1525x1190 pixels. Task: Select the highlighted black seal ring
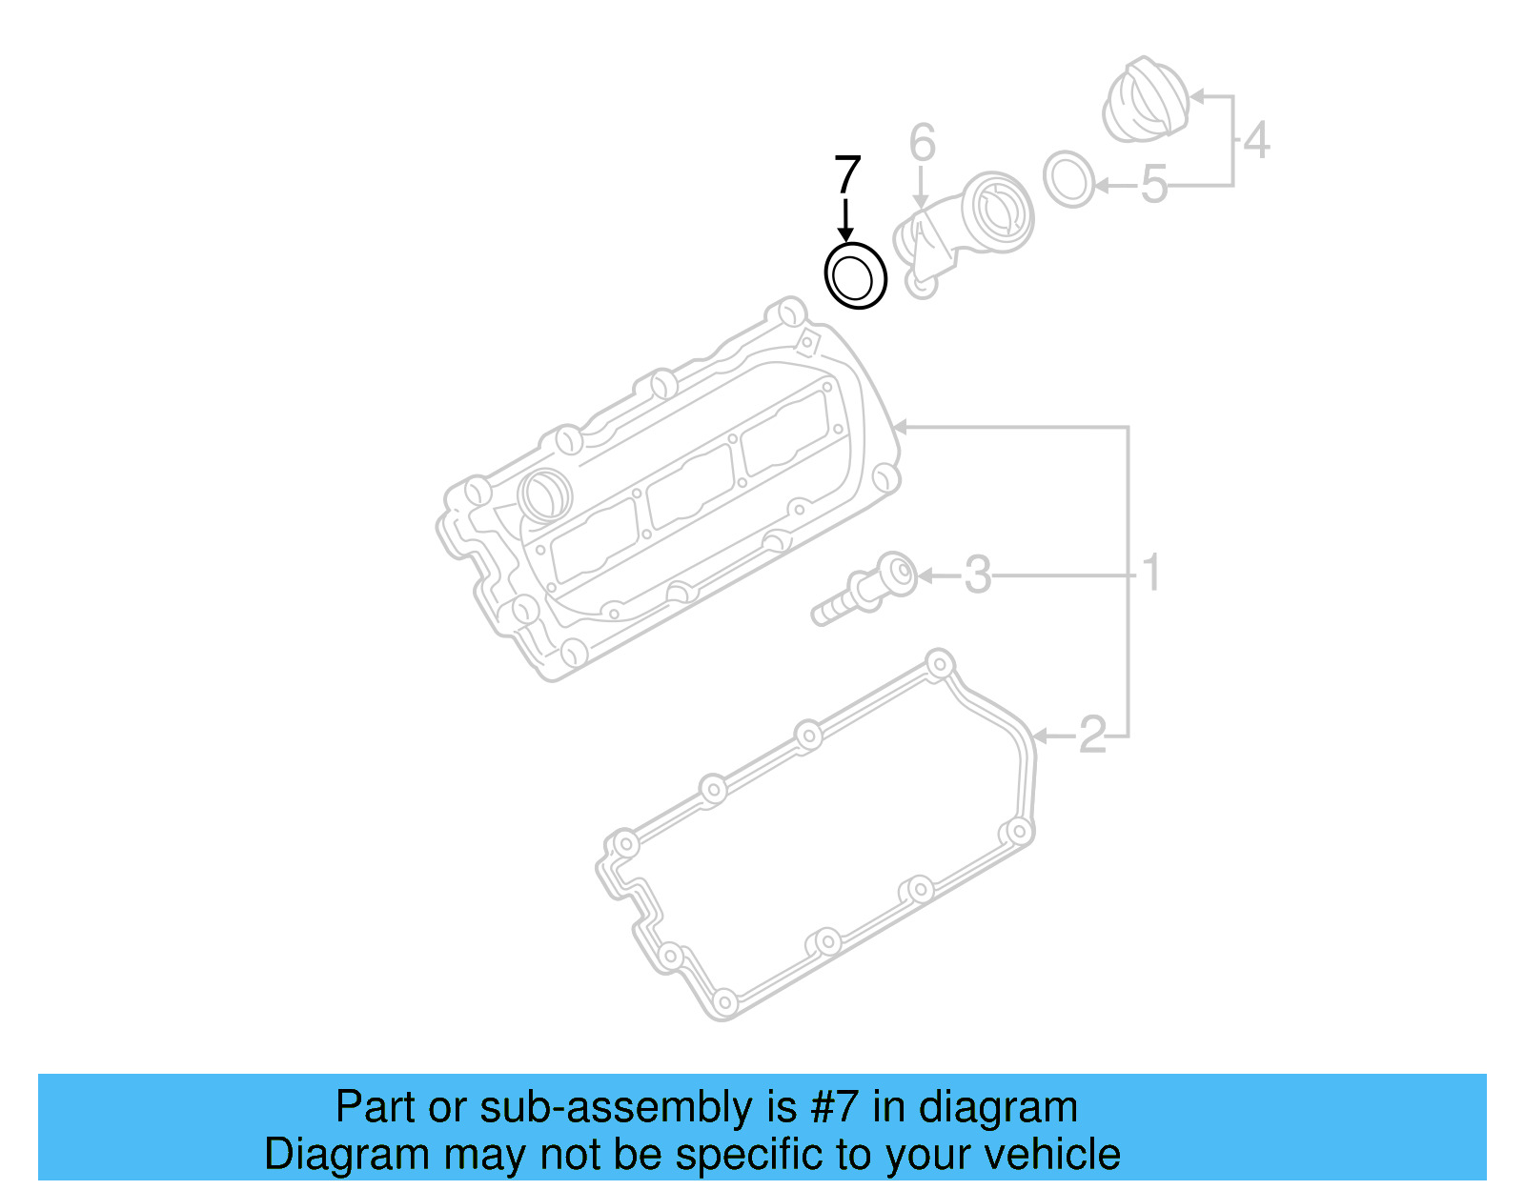tap(855, 276)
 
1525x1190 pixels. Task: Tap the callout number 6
tap(922, 143)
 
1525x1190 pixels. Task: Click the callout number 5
tap(1153, 184)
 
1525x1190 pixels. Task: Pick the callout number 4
tap(1256, 140)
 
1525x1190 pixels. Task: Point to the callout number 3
tap(978, 575)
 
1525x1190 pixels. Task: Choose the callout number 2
tap(1092, 735)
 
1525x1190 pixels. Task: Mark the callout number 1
tap(1151, 573)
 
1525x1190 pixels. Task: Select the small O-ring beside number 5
tap(1069, 178)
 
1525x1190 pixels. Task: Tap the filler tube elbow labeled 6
tap(963, 229)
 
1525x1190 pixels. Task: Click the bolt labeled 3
tap(864, 591)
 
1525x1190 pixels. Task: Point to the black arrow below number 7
tap(844, 221)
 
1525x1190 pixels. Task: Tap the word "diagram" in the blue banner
tap(998, 1107)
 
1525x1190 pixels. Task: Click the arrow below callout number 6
tap(920, 188)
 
